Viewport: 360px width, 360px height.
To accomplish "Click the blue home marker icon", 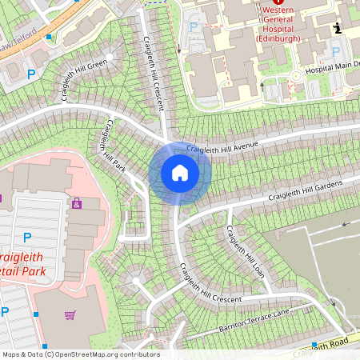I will pos(180,173).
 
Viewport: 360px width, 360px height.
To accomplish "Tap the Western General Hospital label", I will pos(289,26).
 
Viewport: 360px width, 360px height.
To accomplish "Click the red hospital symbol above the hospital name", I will pos(289,4).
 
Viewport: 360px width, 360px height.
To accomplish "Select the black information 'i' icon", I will pos(337,28).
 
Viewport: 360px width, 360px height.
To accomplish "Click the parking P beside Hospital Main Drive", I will pos(336,52).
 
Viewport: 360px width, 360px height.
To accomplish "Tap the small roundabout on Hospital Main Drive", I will pos(295,76).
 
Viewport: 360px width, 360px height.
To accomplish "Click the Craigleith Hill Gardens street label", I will pos(306,192).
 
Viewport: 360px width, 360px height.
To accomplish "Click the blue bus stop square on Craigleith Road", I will pos(314,345).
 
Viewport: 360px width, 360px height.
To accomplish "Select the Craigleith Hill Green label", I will pos(84,78).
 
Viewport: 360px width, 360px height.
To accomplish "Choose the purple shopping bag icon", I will pos(77,204).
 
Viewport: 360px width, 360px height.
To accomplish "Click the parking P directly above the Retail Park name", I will pos(27,237).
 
